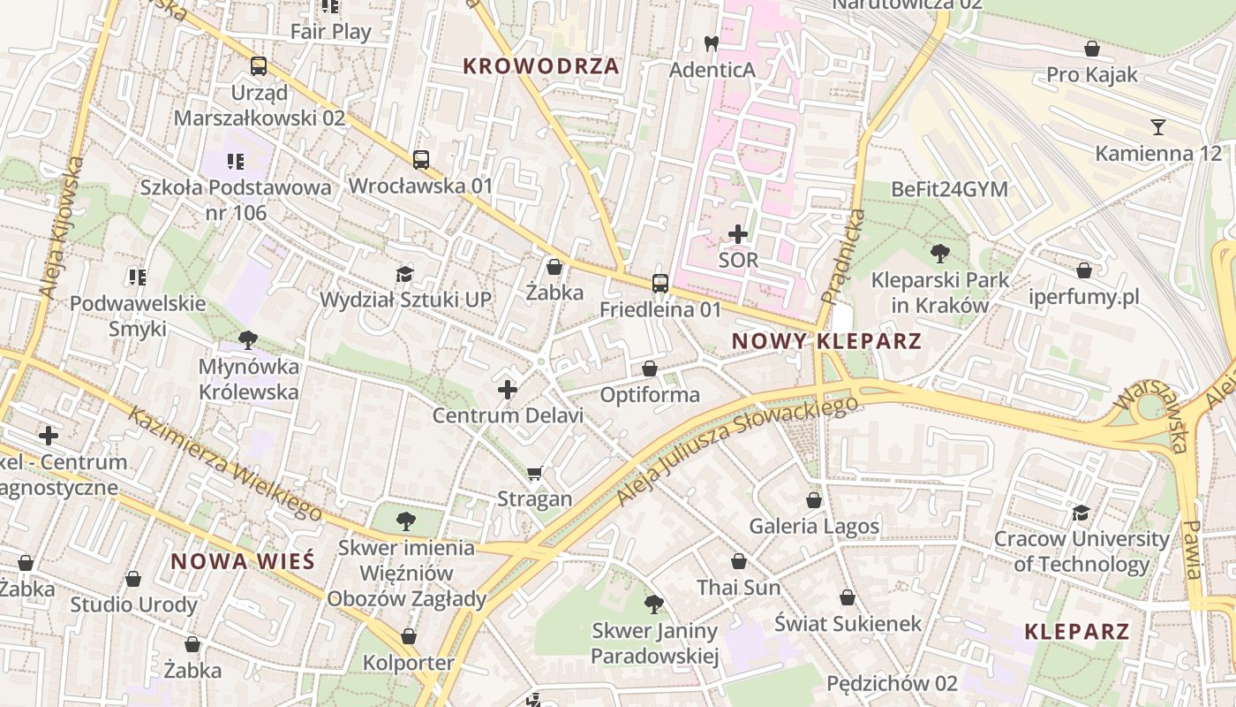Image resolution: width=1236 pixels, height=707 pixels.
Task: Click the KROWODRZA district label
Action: click(540, 66)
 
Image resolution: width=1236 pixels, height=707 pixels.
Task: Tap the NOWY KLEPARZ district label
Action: click(826, 341)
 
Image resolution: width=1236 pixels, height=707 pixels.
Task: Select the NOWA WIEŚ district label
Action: click(243, 561)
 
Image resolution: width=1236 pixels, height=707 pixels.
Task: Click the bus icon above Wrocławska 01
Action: click(421, 160)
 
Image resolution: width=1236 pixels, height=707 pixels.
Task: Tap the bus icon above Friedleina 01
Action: click(659, 284)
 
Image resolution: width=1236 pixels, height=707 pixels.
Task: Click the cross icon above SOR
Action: click(738, 234)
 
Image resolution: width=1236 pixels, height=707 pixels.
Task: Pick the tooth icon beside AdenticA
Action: click(711, 42)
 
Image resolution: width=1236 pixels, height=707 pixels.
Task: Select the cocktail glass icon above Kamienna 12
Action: click(1158, 127)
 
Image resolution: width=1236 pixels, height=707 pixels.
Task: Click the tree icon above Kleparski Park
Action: click(939, 254)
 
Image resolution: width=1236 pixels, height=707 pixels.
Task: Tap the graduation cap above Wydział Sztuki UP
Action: click(404, 274)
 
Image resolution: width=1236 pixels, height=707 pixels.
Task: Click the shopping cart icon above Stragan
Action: click(534, 474)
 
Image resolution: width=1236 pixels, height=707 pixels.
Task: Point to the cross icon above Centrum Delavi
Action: click(508, 389)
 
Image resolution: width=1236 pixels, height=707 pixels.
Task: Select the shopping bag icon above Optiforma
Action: click(650, 369)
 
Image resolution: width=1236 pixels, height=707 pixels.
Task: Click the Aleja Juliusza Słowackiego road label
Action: click(737, 451)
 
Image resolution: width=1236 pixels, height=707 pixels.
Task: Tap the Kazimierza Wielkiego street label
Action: click(225, 464)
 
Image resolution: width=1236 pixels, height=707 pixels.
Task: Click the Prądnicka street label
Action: click(843, 256)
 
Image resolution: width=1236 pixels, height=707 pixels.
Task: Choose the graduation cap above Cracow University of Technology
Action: click(1081, 513)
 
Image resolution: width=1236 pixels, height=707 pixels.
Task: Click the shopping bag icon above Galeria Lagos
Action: click(814, 500)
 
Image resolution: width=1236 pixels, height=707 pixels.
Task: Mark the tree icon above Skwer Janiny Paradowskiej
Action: click(653, 604)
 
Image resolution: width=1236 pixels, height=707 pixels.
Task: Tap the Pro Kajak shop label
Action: click(1092, 75)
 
